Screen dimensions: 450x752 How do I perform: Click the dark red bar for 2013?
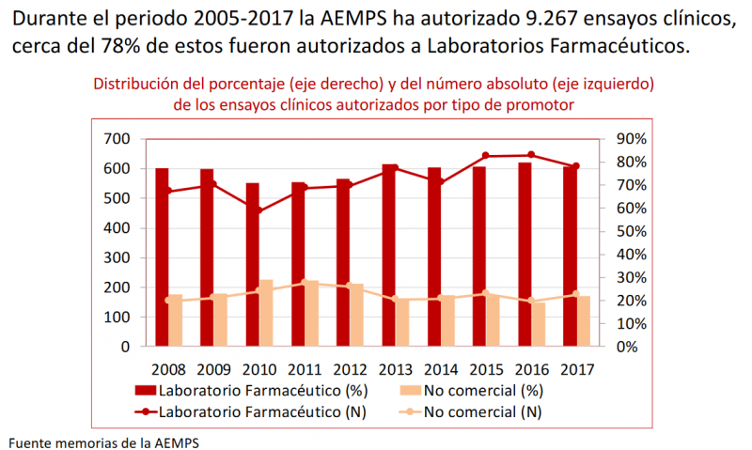pos(388,255)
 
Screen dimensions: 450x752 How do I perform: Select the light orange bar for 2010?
pos(266,313)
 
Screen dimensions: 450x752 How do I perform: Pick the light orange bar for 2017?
pos(583,320)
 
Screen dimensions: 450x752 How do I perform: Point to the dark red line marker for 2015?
pos(486,156)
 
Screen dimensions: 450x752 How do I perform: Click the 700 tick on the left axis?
pos(117,139)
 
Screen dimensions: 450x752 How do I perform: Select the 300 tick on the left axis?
pos(117,257)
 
